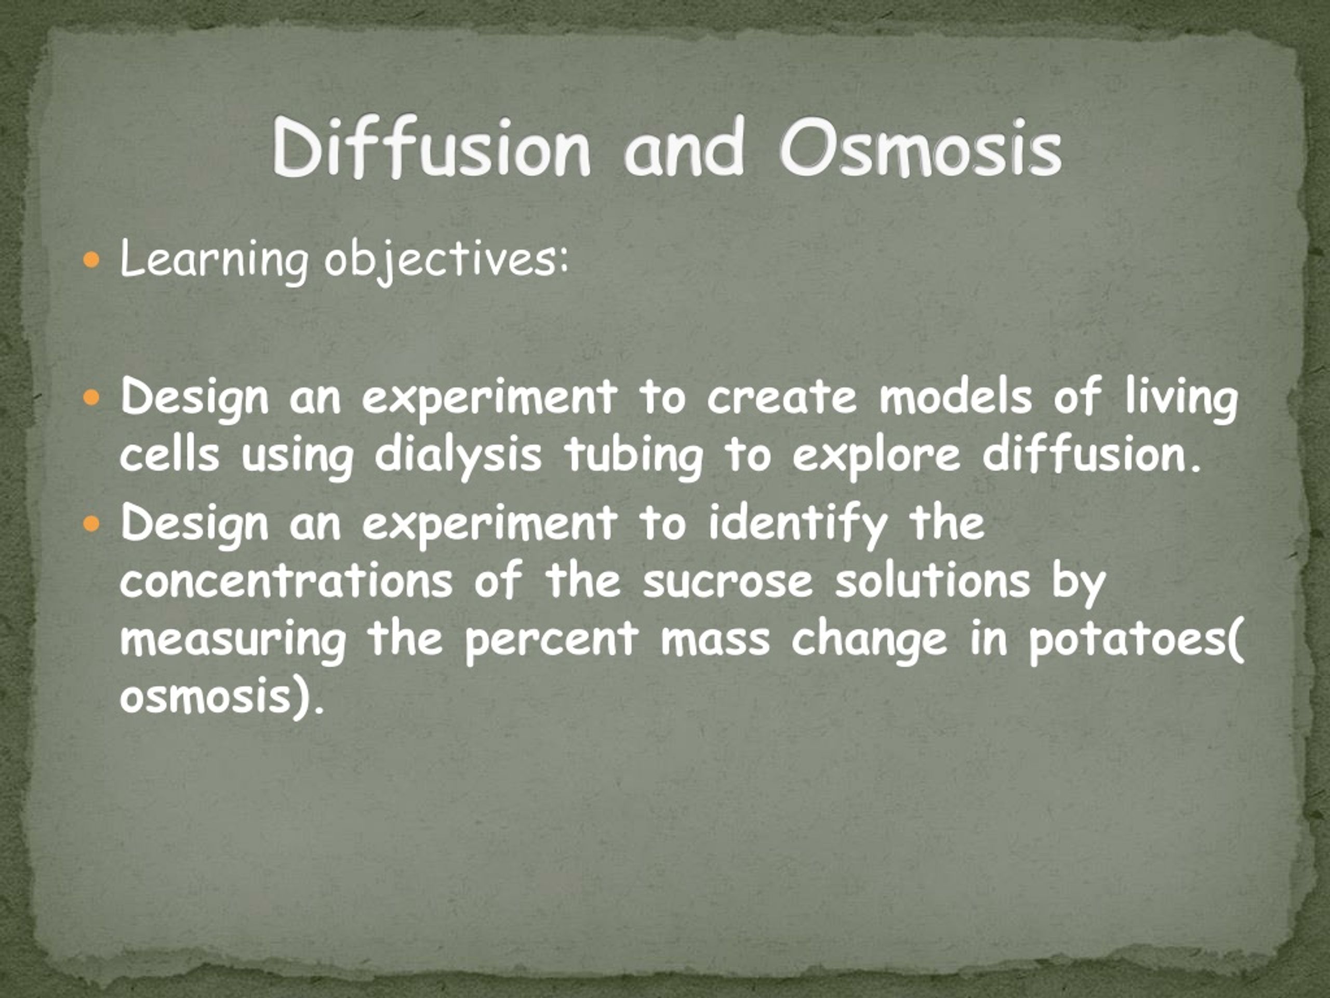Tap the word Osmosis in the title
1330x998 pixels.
tap(920, 148)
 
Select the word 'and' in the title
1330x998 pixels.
tap(684, 148)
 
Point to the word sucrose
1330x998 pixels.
tap(727, 582)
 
